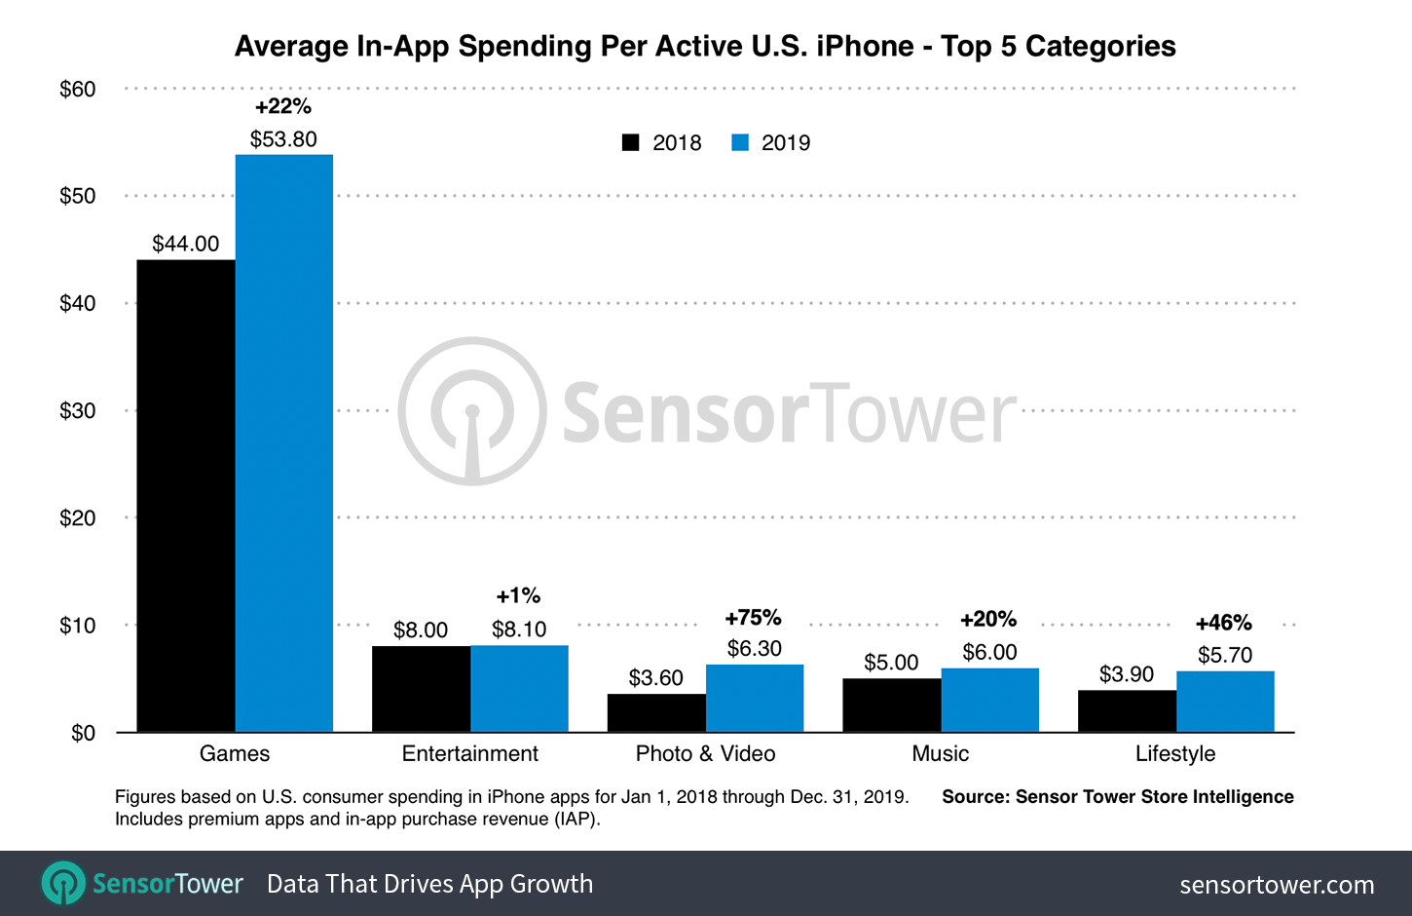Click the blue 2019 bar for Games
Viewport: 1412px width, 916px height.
(x=284, y=443)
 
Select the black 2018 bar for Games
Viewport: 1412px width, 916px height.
(x=186, y=496)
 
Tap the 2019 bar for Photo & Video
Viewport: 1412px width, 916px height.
(x=755, y=698)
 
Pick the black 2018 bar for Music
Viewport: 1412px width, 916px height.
(x=892, y=705)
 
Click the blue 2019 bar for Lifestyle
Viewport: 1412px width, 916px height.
(x=1225, y=701)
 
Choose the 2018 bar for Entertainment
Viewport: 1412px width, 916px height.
(x=421, y=688)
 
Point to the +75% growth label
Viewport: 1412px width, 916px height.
(x=753, y=618)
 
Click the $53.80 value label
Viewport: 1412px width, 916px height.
(x=283, y=139)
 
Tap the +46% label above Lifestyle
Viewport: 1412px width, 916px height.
(x=1224, y=623)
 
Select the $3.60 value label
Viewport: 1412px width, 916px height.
(x=655, y=677)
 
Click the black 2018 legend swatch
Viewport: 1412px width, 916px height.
(x=631, y=142)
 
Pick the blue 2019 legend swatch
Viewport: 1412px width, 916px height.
(x=740, y=142)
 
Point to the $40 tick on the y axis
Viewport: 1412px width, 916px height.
(x=78, y=303)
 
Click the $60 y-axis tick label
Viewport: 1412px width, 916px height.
(x=78, y=90)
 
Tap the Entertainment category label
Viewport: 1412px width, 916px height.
(x=469, y=753)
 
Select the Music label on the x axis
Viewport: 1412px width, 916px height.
(x=940, y=753)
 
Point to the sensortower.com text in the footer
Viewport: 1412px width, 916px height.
(x=1277, y=885)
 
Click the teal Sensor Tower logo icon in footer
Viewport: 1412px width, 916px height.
(x=63, y=883)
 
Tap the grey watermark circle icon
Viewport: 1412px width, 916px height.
(x=472, y=411)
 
